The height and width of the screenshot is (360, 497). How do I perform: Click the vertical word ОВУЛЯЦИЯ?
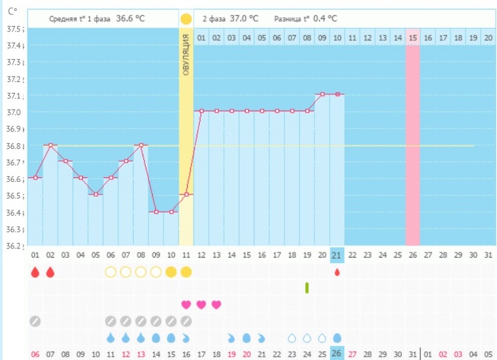(x=186, y=57)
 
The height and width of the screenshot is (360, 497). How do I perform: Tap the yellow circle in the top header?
(x=186, y=19)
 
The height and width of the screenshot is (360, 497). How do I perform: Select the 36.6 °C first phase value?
(x=130, y=19)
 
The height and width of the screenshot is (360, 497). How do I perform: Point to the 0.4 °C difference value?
(x=331, y=19)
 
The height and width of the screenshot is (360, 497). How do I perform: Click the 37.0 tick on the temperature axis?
(x=14, y=112)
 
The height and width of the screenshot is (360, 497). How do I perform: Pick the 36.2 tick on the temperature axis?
(x=14, y=246)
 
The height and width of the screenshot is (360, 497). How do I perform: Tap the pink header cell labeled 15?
(x=412, y=38)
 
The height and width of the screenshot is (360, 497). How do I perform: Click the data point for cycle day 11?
(x=186, y=194)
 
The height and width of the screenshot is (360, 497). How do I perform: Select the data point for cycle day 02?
(x=50, y=145)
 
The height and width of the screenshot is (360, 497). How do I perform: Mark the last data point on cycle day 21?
(x=337, y=95)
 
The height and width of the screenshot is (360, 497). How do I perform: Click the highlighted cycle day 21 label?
(x=337, y=254)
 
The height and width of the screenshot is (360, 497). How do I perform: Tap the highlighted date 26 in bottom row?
(x=337, y=354)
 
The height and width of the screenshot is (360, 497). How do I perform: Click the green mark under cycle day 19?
(x=307, y=288)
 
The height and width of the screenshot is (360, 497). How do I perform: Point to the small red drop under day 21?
(x=337, y=272)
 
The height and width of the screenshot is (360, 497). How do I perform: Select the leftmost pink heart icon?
(x=186, y=305)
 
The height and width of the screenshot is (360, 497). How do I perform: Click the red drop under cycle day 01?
(x=35, y=272)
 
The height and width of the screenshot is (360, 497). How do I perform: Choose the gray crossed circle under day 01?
(x=35, y=321)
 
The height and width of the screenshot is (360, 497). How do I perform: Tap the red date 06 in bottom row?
(x=35, y=354)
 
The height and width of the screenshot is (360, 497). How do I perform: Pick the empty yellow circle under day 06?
(x=110, y=272)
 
